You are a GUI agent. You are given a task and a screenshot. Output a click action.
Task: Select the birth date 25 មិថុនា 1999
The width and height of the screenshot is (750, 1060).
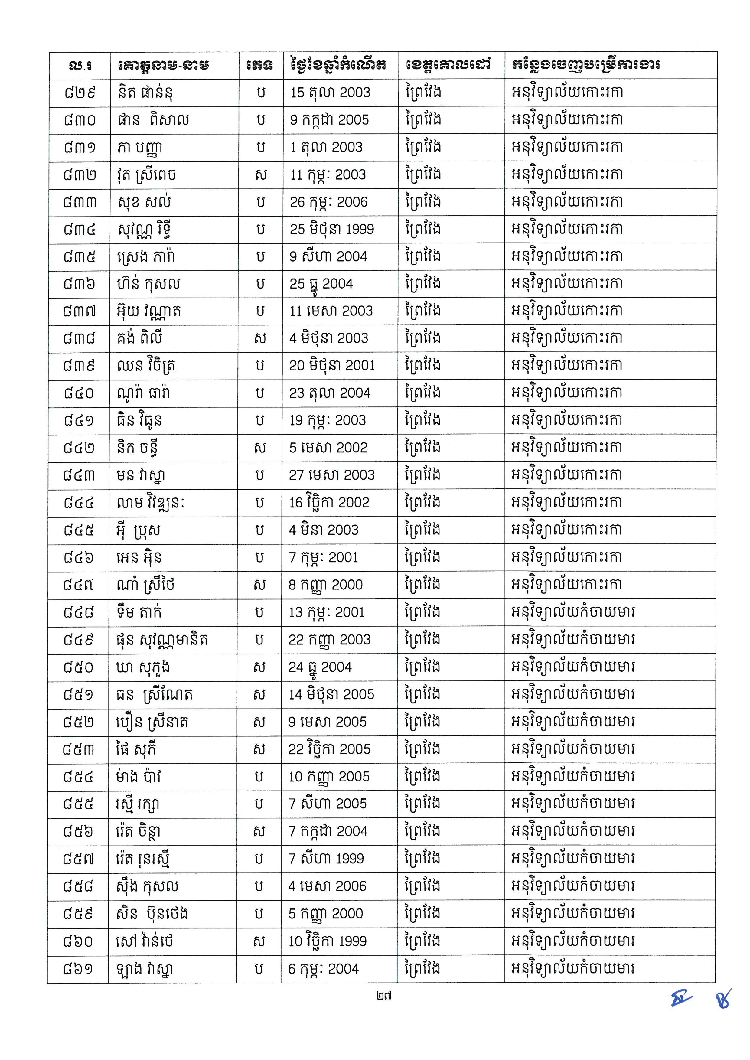tap(331, 229)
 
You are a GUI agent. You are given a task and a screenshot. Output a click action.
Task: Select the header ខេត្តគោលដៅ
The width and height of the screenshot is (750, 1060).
tap(448, 65)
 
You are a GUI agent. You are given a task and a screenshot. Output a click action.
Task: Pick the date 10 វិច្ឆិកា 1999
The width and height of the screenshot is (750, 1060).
tap(328, 941)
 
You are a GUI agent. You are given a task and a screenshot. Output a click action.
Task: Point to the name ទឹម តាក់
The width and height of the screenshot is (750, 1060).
tap(139, 612)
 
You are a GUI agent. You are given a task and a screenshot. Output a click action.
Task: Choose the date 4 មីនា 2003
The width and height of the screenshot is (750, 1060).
tap(323, 530)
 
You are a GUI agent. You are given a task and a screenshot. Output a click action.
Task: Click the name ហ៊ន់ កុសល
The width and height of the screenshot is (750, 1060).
tap(148, 284)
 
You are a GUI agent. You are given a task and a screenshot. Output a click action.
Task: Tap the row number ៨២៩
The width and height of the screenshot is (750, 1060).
tap(80, 92)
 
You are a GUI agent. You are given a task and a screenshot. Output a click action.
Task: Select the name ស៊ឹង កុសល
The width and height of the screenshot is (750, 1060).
tap(147, 886)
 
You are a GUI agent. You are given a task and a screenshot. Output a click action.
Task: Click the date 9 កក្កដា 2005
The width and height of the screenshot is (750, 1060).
tap(329, 120)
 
